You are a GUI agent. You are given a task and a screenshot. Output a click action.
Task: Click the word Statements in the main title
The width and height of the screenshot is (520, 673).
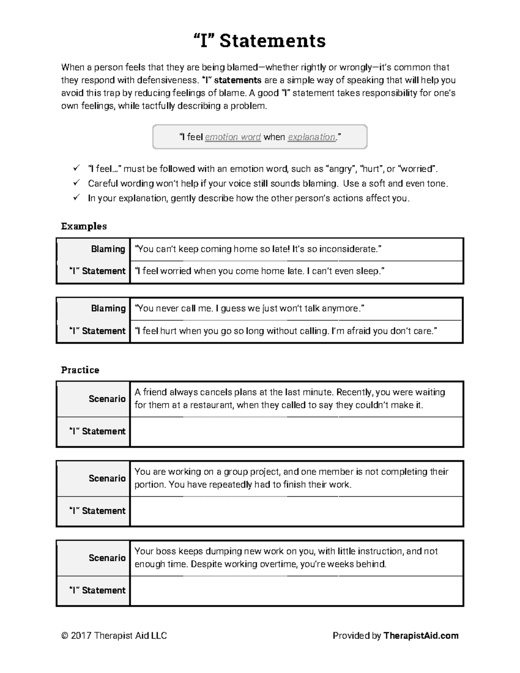(273, 41)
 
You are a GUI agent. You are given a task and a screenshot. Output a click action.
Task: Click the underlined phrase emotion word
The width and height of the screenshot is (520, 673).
(233, 137)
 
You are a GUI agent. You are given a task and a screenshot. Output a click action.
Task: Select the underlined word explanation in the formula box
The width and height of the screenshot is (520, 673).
(312, 137)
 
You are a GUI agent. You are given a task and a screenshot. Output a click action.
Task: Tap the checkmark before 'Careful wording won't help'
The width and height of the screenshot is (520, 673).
(76, 183)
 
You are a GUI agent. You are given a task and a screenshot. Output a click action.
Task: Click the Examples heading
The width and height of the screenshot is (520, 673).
(84, 226)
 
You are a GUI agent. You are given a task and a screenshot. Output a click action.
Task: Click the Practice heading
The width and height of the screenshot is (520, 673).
(80, 370)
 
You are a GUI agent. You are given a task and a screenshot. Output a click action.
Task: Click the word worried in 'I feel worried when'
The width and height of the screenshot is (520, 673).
(175, 271)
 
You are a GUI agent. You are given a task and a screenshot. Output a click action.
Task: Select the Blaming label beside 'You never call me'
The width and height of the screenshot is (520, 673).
(108, 309)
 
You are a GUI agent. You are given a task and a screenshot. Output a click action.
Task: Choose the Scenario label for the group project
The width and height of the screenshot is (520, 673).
(107, 478)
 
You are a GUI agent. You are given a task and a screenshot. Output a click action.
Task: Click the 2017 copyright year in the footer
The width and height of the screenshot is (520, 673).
(81, 636)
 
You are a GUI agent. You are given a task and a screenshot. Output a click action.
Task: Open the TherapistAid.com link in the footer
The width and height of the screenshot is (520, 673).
(421, 636)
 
